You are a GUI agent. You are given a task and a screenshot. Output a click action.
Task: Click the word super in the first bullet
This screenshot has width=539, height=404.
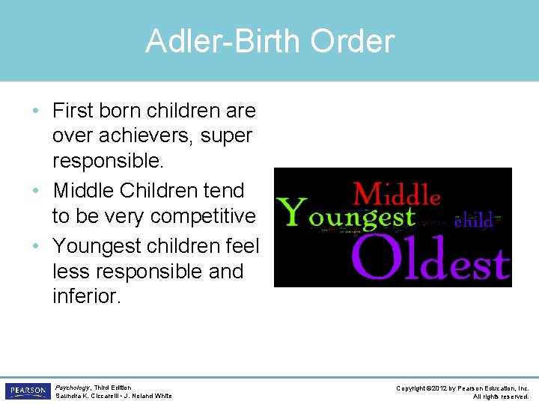pos(228,136)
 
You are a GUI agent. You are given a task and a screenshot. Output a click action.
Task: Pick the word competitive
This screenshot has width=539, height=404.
pos(203,216)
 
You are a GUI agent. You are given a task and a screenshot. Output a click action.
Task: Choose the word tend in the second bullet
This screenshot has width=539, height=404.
pos(228,191)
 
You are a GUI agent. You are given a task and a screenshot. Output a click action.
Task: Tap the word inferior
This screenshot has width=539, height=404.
pos(86,296)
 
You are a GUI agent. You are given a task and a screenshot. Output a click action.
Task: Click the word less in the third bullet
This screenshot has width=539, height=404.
pos(69,271)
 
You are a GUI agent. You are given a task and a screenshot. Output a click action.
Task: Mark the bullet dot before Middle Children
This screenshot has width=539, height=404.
pos(37,192)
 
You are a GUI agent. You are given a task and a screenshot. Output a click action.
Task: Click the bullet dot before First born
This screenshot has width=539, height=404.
pos(37,111)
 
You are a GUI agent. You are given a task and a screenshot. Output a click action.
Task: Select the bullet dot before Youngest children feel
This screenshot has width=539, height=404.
pos(37,246)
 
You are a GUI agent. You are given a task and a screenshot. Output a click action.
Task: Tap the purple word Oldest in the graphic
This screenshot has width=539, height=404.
pos(430,257)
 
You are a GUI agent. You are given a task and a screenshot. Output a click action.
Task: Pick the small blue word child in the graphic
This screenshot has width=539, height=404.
pos(474,221)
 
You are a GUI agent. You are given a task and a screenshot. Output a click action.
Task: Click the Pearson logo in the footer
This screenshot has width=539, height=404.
pos(27,391)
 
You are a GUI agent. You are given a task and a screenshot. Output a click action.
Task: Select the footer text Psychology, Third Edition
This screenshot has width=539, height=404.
pos(93,388)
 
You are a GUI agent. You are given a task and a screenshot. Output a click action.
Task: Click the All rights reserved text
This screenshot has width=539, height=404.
pos(501,397)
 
